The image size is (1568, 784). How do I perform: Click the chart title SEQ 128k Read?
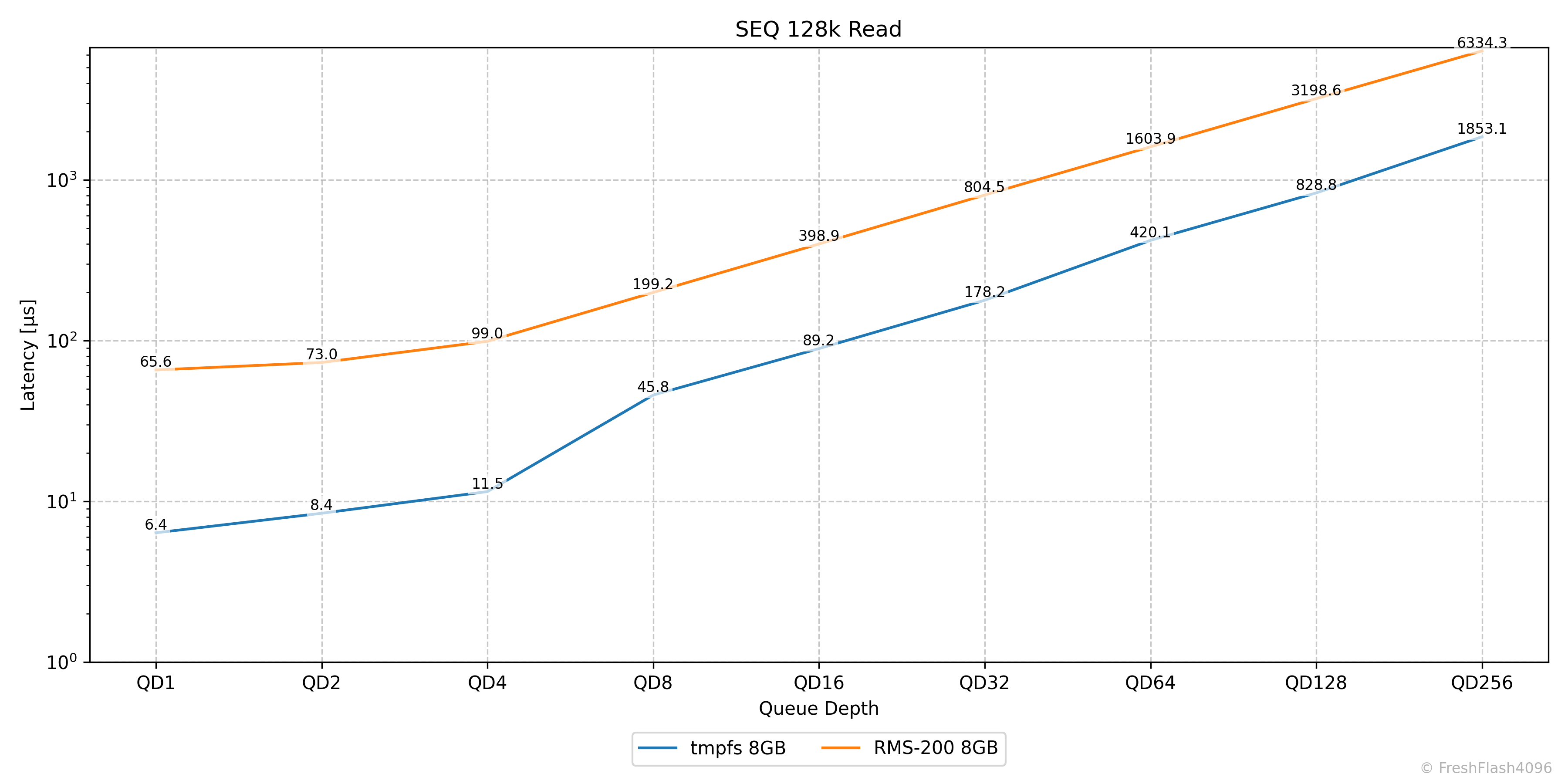point(818,29)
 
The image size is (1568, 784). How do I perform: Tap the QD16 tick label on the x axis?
point(819,683)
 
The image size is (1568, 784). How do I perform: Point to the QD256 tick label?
point(1482,683)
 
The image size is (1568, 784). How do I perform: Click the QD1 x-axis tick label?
point(156,683)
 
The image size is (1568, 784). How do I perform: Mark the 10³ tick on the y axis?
point(62,180)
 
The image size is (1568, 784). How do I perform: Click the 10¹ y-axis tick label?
point(62,502)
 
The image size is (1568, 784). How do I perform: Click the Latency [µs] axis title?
point(28,355)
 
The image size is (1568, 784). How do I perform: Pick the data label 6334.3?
point(1482,43)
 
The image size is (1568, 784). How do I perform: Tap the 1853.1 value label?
point(1482,129)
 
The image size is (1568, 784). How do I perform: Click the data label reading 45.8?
point(653,387)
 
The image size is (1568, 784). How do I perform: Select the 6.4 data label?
point(156,525)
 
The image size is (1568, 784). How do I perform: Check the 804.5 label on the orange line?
point(984,187)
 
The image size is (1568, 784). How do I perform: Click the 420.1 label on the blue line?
point(1150,233)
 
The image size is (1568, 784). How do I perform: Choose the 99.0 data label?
point(487,334)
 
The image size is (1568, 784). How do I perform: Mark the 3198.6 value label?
point(1316,91)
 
